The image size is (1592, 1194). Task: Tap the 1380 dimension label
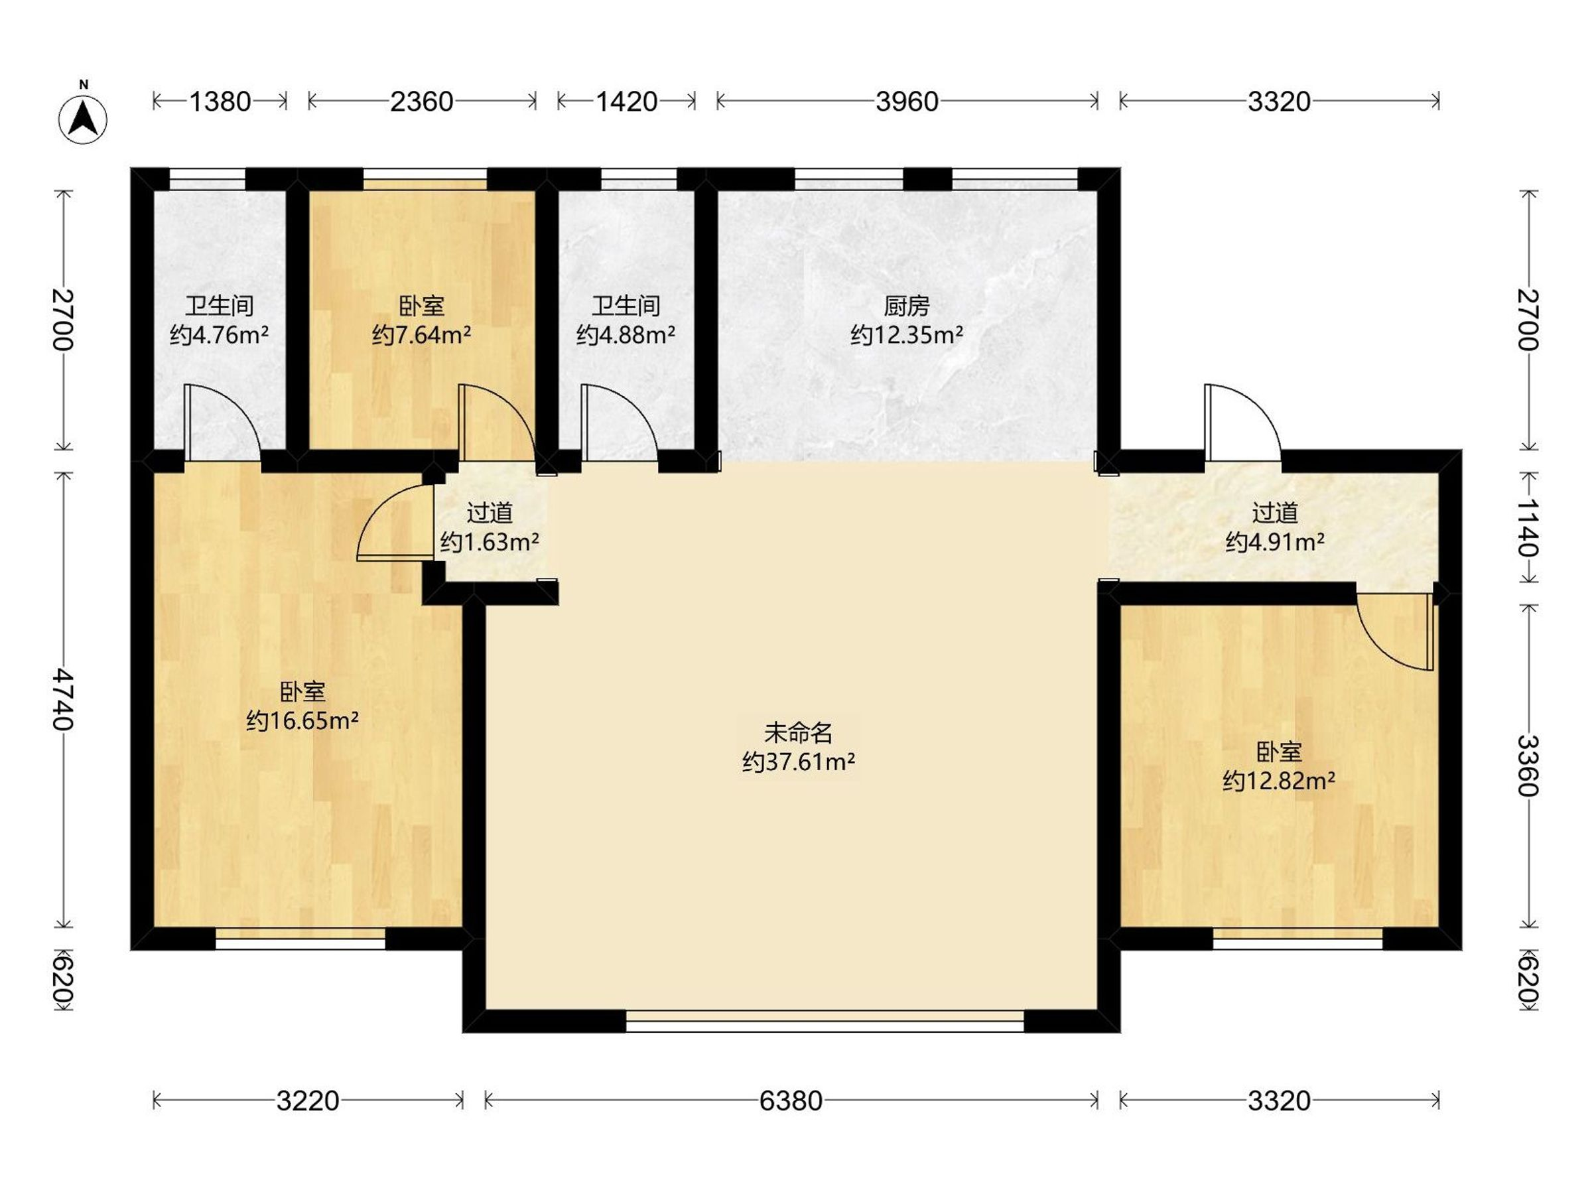pyautogui.click(x=220, y=101)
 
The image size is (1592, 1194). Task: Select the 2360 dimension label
pyautogui.click(x=422, y=101)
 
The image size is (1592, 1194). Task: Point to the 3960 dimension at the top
pyautogui.click(x=907, y=101)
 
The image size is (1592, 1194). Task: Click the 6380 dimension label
pyautogui.click(x=790, y=1100)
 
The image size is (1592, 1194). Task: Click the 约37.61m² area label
pyautogui.click(x=799, y=762)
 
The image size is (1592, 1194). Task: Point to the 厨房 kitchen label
pyautogui.click(x=907, y=306)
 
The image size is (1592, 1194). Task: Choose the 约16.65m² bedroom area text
pyautogui.click(x=302, y=720)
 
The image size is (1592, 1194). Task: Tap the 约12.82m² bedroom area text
pyautogui.click(x=1279, y=780)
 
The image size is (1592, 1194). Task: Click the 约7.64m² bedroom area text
pyautogui.click(x=422, y=335)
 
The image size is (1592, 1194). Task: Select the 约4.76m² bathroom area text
pyautogui.click(x=220, y=335)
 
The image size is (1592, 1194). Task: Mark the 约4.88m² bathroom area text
pyautogui.click(x=626, y=335)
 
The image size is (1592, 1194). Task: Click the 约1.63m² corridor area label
pyautogui.click(x=490, y=541)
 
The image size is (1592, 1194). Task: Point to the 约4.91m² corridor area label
pyautogui.click(x=1275, y=541)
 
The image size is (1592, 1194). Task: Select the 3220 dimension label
pyautogui.click(x=307, y=1100)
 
